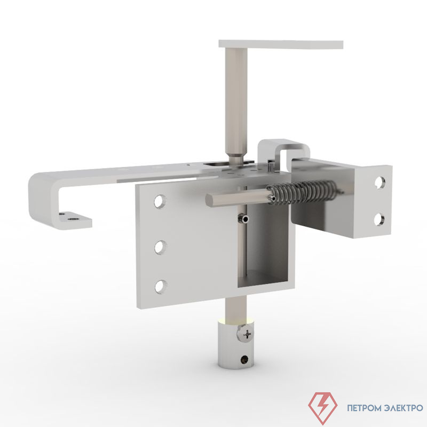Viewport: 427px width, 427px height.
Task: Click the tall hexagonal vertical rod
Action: tap(236, 101)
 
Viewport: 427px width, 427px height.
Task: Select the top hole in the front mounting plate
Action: tap(160, 201)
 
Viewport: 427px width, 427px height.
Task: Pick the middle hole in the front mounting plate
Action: tap(160, 247)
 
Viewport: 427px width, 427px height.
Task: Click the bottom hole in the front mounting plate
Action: tap(160, 286)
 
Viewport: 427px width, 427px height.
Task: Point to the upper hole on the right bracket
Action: tap(379, 183)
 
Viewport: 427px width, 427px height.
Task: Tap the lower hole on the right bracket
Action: tap(379, 218)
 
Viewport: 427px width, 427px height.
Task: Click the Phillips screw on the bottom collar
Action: tap(247, 335)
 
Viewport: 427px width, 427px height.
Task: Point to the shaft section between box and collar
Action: tap(233, 307)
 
